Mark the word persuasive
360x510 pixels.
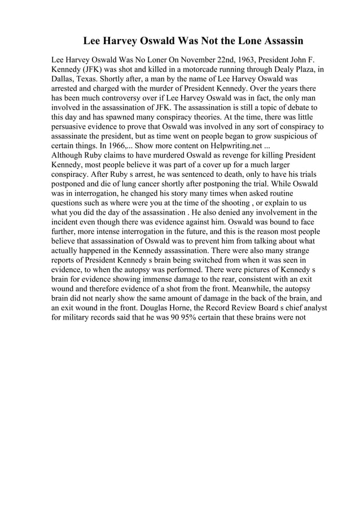[73, 127]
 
